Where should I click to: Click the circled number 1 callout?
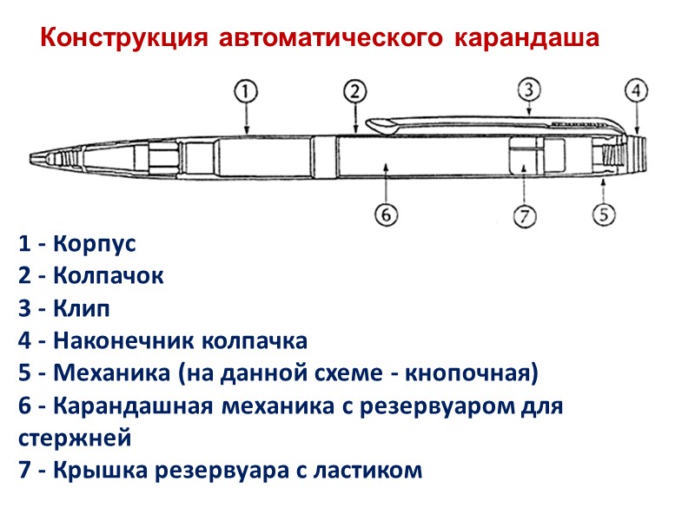pos(246,90)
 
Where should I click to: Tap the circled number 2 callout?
pos(355,90)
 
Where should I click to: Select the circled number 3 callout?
pos(529,89)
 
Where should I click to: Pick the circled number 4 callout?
pos(637,90)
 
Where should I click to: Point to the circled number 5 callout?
pos(605,213)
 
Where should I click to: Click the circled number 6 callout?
pos(386,214)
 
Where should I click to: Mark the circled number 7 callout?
pos(523,215)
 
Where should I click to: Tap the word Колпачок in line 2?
pos(108,276)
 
